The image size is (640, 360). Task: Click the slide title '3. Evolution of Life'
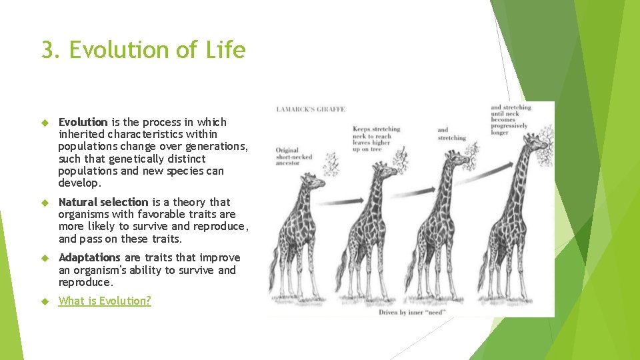143,50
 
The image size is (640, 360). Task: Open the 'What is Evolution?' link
105,301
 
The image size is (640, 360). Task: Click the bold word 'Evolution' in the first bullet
83,122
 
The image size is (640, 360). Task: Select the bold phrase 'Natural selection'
103,202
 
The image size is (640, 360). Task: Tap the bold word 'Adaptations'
89,257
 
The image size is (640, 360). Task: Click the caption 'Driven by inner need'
411,311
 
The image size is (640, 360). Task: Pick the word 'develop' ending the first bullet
78,183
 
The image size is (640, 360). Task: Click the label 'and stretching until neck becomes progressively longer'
511,120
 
